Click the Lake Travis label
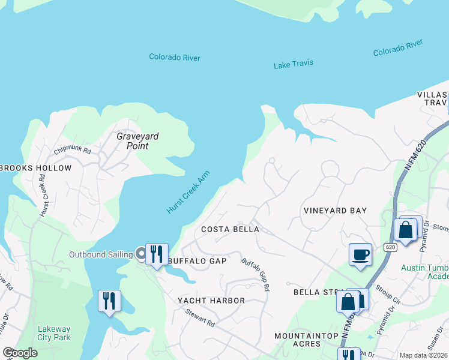click(x=294, y=64)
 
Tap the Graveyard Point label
click(x=137, y=141)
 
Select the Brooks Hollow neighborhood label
click(x=35, y=168)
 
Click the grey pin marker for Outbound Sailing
click(x=141, y=254)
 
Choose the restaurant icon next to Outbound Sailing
click(x=157, y=254)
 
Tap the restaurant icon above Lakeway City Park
click(x=109, y=301)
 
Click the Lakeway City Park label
click(x=54, y=333)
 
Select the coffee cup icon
click(x=360, y=254)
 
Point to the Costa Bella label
click(x=230, y=229)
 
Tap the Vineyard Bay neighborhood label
click(x=335, y=211)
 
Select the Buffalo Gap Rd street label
click(x=256, y=274)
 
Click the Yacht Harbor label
click(x=211, y=300)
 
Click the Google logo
click(x=20, y=353)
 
